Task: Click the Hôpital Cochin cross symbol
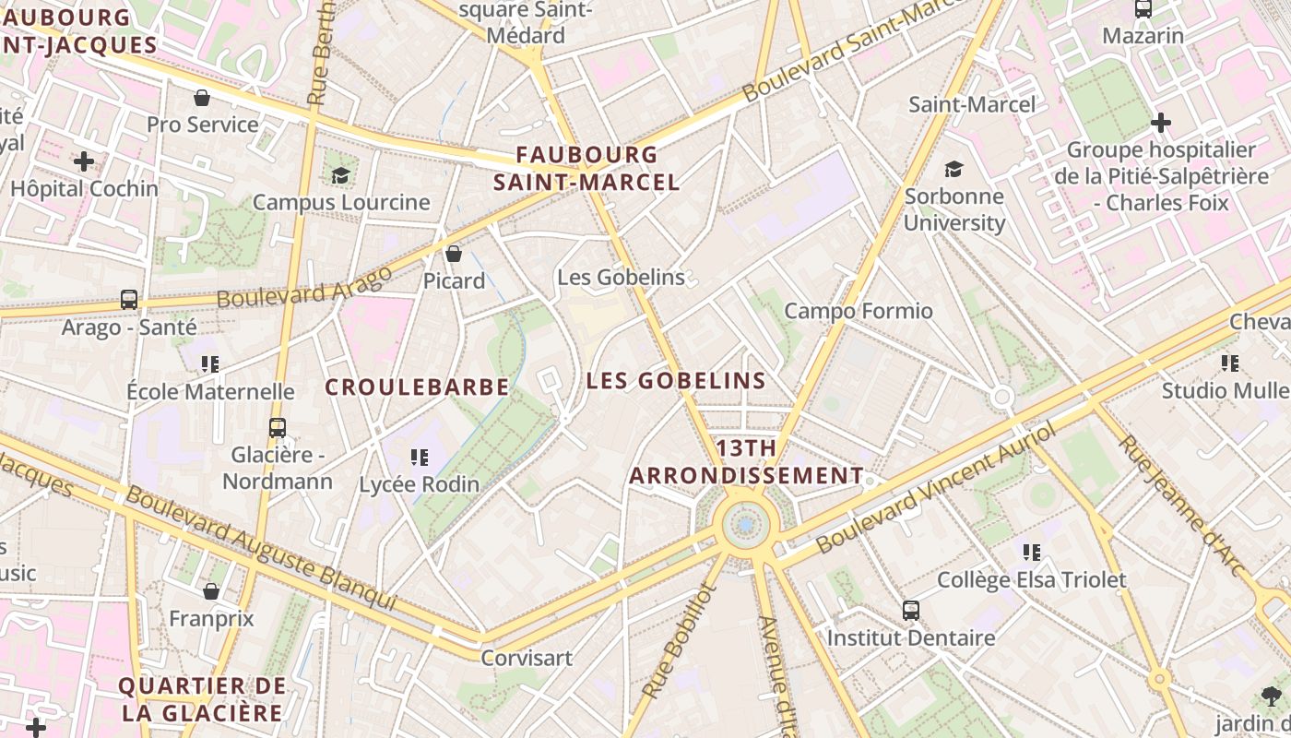(84, 161)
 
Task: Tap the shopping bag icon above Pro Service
(202, 98)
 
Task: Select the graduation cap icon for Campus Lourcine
(341, 175)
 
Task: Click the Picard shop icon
(454, 254)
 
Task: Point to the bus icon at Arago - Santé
(129, 300)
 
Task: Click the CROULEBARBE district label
(417, 387)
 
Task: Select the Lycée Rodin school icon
(420, 457)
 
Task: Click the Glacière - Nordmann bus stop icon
(277, 427)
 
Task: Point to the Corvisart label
(527, 658)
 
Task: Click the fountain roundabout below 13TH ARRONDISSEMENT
(745, 525)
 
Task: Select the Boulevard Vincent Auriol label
(935, 489)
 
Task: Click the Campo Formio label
(859, 311)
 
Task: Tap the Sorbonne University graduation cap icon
(953, 169)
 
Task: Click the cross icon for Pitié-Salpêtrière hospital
(1161, 122)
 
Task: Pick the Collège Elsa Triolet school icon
(1032, 553)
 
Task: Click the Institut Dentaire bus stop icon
(911, 610)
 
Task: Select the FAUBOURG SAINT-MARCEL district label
(586, 168)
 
